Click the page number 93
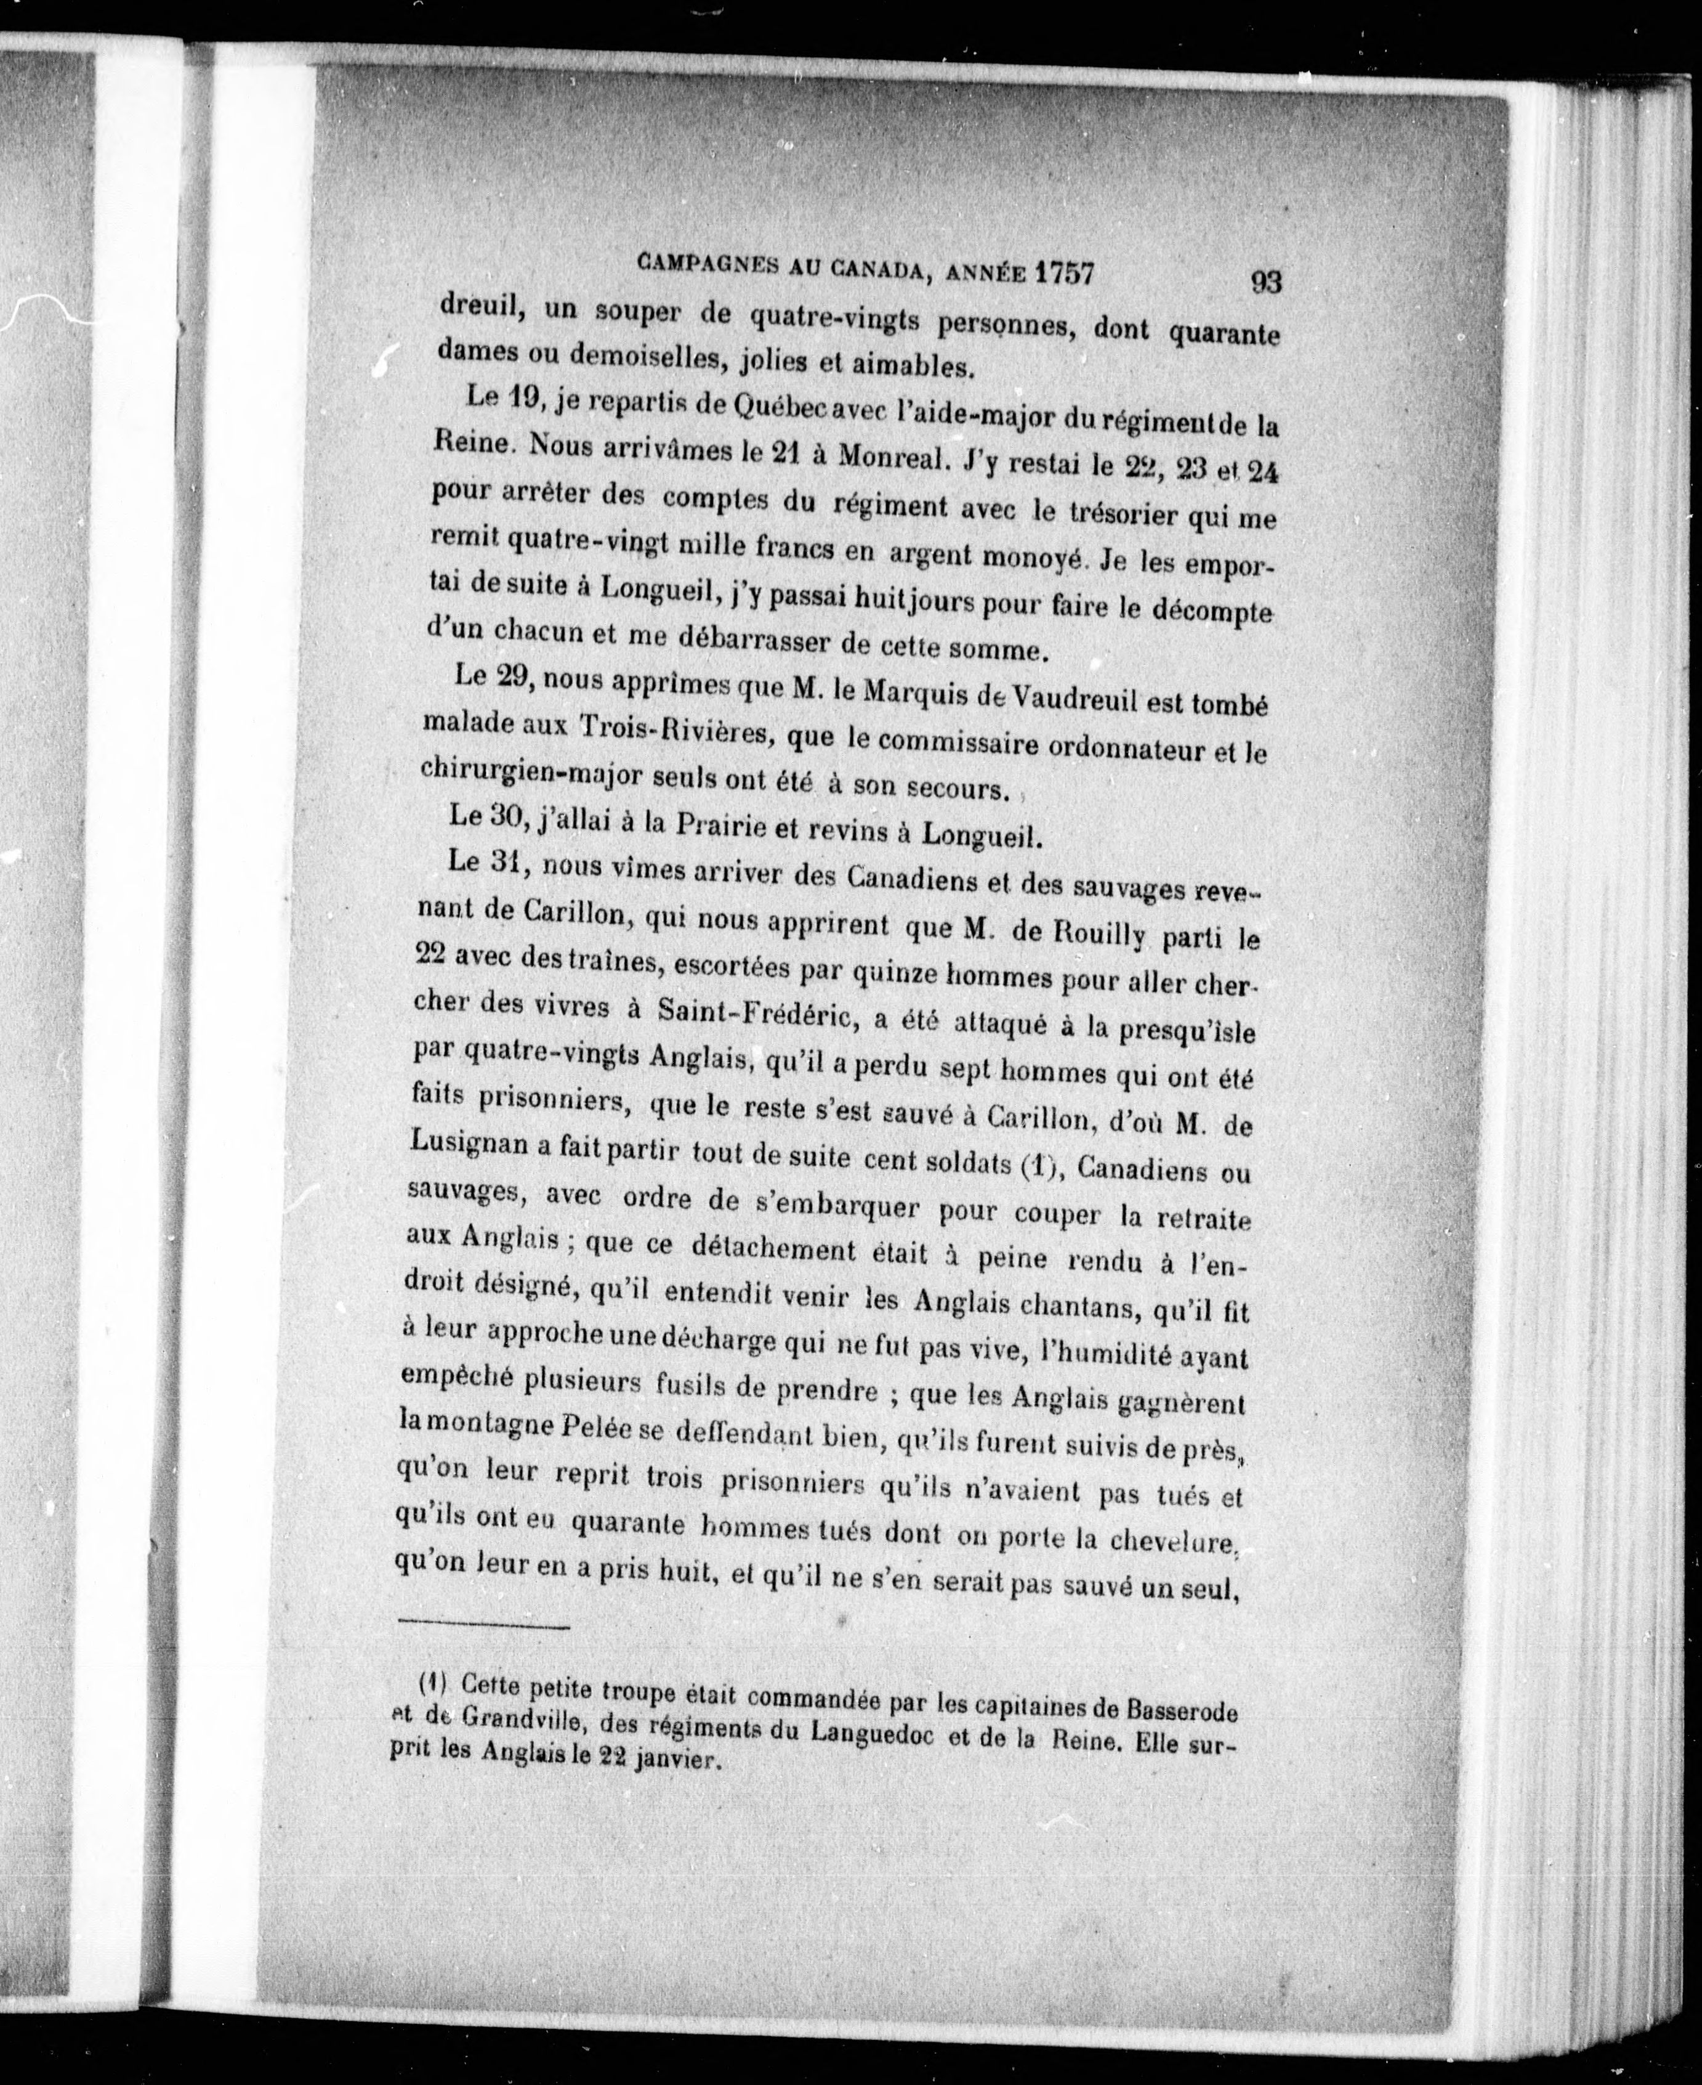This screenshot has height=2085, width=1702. [x=1265, y=282]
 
